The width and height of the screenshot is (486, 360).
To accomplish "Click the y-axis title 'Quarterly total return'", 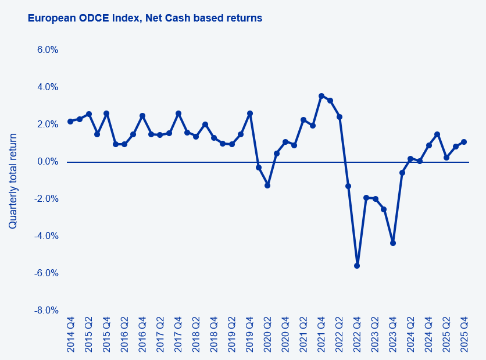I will coord(13,181).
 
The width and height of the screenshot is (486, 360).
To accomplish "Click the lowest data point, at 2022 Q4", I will coord(357,266).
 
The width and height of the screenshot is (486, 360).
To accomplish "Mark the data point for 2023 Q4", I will coord(393,243).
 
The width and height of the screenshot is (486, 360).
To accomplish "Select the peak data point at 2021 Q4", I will coord(321,96).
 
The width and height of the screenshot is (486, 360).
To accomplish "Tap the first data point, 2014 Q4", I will coord(70,122).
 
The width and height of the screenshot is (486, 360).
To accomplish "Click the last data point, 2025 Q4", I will coord(464,142).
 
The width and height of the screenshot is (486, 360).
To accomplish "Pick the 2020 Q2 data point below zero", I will coord(267,186).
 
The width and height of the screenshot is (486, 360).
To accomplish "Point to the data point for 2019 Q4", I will coord(250,113).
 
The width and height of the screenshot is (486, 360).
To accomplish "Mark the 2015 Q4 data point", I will coord(106,113).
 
